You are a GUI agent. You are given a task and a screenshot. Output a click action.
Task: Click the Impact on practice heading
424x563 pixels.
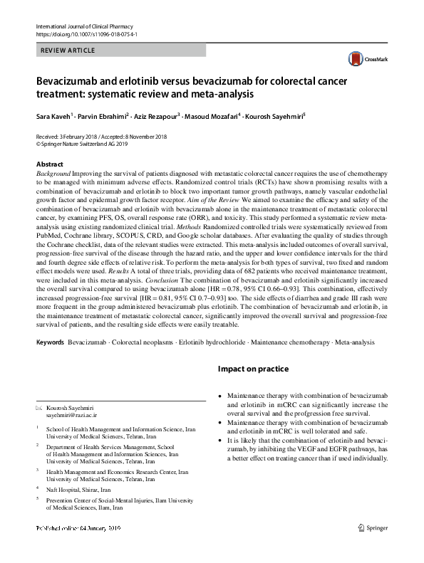pos(252,369)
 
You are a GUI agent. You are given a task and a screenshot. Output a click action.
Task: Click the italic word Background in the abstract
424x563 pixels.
pos(52,174)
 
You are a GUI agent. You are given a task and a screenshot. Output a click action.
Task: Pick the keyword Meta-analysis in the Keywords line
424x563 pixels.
pos(353,343)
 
